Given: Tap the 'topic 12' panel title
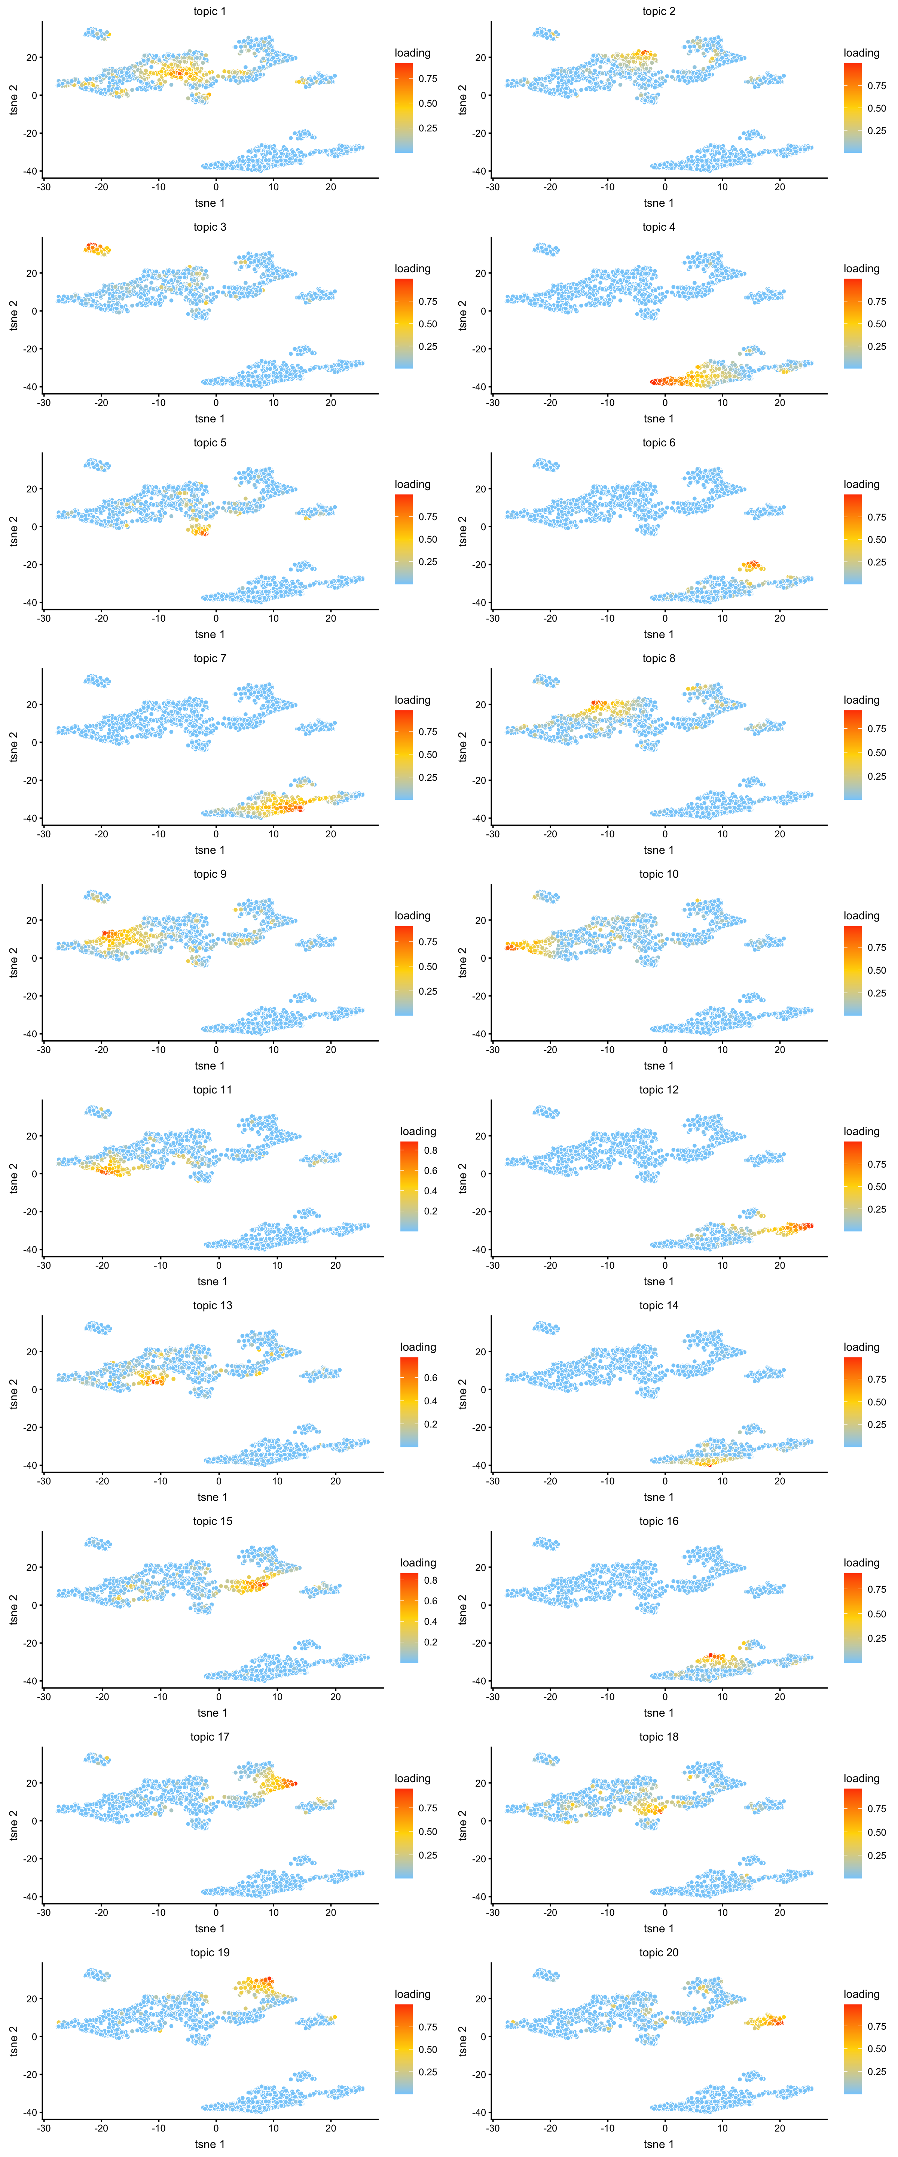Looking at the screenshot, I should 659,1089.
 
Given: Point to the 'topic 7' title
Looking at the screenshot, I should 209,658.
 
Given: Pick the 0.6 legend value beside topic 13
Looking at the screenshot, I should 430,1377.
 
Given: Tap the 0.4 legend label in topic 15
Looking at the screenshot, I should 430,1621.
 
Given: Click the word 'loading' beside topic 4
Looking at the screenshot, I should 861,269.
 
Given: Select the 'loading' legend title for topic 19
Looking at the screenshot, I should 413,1994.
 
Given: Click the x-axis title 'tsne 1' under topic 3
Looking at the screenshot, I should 209,419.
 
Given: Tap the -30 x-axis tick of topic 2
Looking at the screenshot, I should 493,187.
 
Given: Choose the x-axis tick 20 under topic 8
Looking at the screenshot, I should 779,834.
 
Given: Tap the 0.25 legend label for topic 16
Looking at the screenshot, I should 876,1638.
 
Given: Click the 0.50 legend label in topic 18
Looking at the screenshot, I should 876,1832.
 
